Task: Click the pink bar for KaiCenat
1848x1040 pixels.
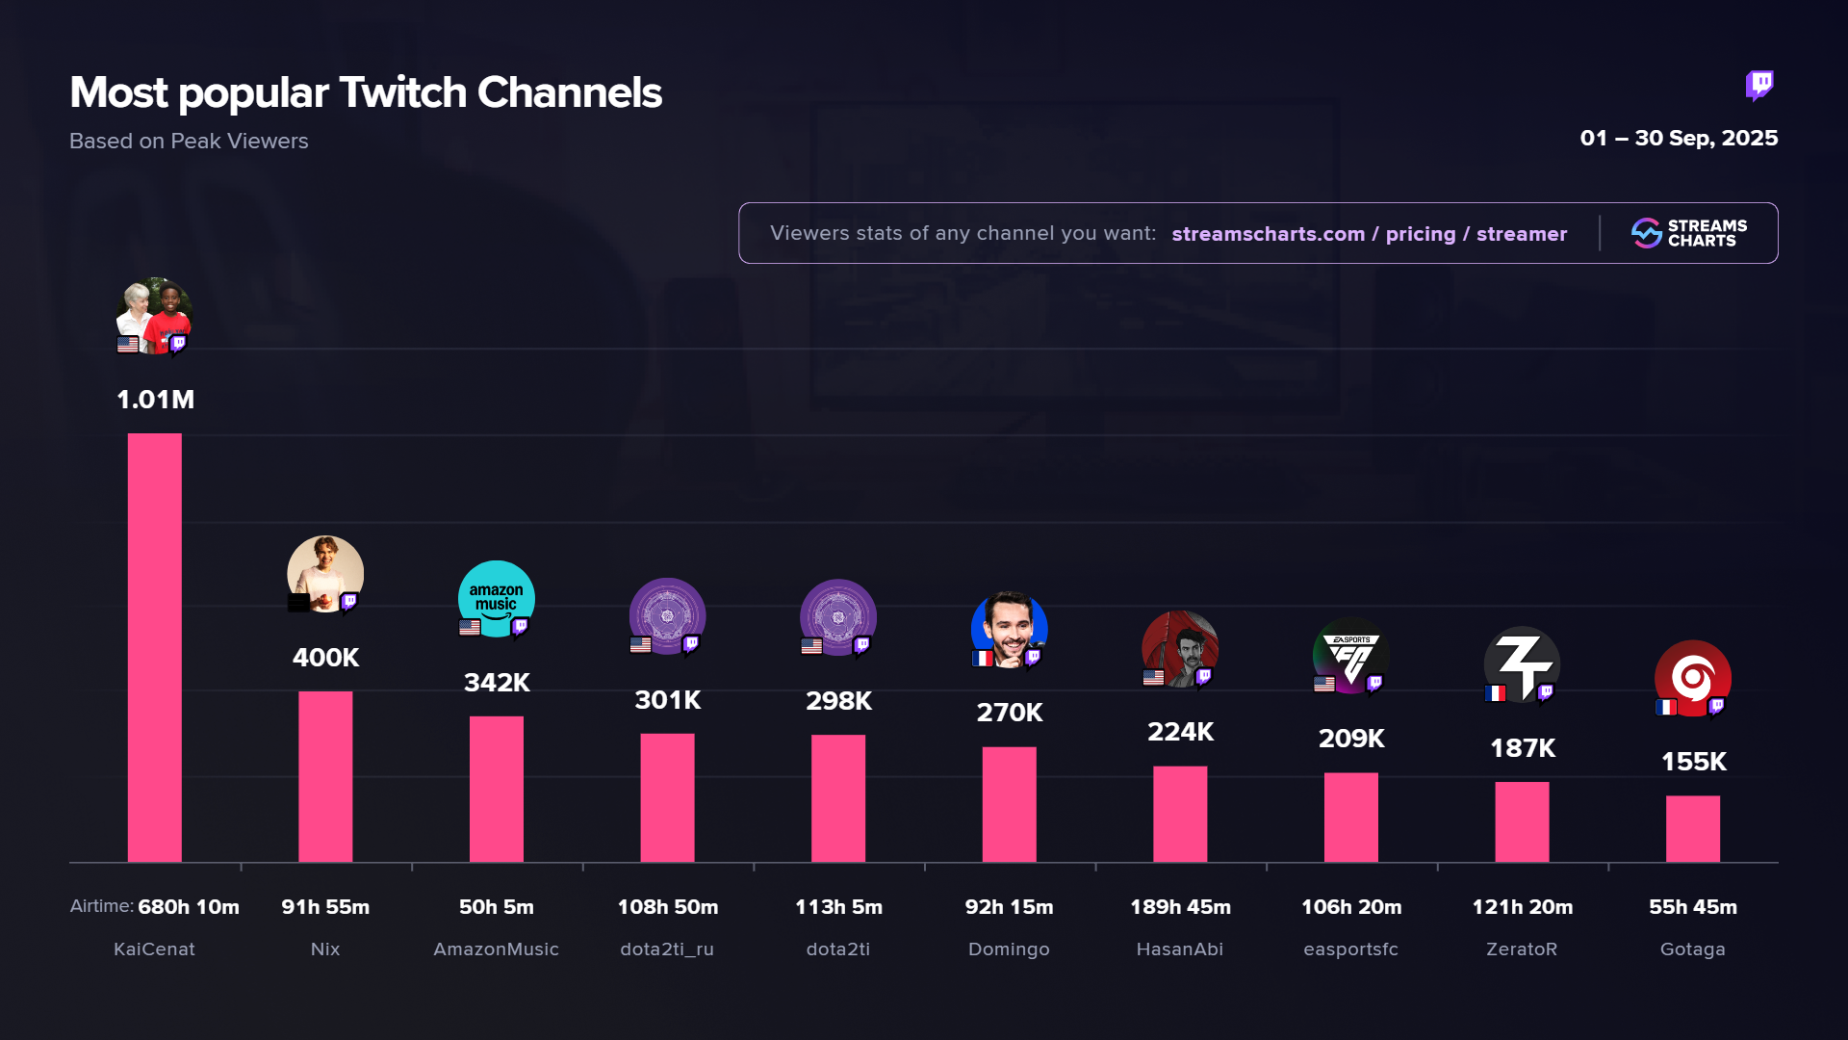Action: pyautogui.click(x=154, y=647)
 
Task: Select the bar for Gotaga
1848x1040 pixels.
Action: pyautogui.click(x=1692, y=828)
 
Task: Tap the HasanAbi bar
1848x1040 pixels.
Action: pyautogui.click(x=1180, y=814)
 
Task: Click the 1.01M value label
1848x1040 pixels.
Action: pyautogui.click(x=155, y=400)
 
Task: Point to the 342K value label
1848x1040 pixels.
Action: pyautogui.click(x=497, y=683)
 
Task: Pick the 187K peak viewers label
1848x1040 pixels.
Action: pyautogui.click(x=1523, y=748)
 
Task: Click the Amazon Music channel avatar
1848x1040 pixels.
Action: pyautogui.click(x=497, y=598)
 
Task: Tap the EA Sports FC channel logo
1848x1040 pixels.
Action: pyautogui.click(x=1350, y=655)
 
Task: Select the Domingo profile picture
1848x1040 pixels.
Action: pyautogui.click(x=1009, y=629)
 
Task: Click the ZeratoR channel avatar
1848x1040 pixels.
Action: pyautogui.click(x=1522, y=663)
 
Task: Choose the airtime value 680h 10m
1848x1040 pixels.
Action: pyautogui.click(x=189, y=907)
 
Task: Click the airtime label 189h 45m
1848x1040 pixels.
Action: pyautogui.click(x=1180, y=907)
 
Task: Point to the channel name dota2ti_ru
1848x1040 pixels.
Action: pyautogui.click(x=667, y=949)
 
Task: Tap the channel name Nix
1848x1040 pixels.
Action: pyautogui.click(x=325, y=949)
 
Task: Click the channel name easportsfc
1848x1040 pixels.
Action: pyautogui.click(x=1350, y=949)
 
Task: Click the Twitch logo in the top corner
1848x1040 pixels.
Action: pyautogui.click(x=1759, y=86)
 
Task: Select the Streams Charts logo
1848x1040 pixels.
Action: pyautogui.click(x=1689, y=233)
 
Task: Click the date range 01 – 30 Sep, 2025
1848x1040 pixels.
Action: pyautogui.click(x=1679, y=139)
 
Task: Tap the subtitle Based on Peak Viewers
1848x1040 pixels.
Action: pyautogui.click(x=189, y=142)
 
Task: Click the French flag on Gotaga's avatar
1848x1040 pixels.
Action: pyautogui.click(x=1665, y=708)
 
